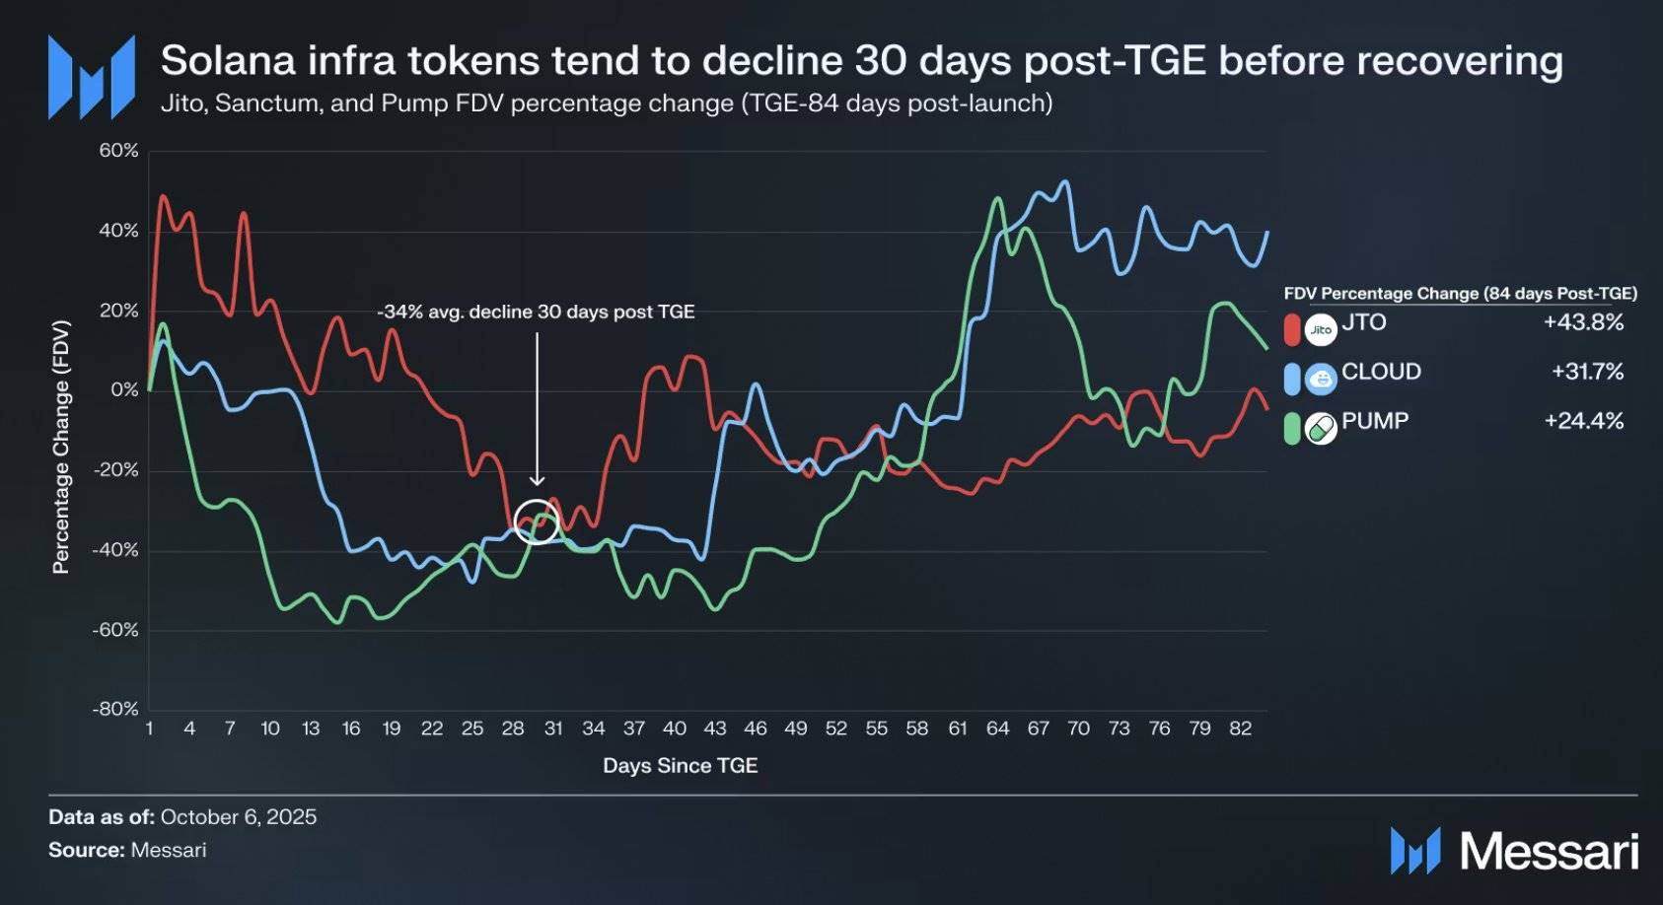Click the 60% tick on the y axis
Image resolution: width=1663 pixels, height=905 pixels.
pos(118,151)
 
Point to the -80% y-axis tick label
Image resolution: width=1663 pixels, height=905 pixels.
pos(115,709)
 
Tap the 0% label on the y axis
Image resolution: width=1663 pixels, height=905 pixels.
pos(124,389)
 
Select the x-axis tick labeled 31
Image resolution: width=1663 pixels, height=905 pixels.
pos(552,729)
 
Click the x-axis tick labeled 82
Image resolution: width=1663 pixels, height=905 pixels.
pos(1240,729)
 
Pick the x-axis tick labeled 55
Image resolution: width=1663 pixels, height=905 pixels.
pos(876,729)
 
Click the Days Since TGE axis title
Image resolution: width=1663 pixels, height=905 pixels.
pos(680,766)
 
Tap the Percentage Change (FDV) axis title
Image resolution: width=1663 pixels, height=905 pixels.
pos(61,447)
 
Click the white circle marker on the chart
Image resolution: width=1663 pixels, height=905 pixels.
pos(537,522)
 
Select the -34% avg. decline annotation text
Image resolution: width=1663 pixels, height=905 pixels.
pos(536,313)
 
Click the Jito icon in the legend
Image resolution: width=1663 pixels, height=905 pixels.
pos(1321,329)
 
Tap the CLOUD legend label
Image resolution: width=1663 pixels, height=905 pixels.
pos(1381,372)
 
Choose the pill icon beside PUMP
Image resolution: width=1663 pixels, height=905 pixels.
pos(1321,428)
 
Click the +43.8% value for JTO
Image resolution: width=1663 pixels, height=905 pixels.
pos(1583,322)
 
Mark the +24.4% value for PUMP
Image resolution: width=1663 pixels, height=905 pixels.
pos(1583,421)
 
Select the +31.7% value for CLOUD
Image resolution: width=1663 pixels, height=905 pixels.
pos(1587,372)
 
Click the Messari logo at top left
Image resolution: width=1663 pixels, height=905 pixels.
pos(92,77)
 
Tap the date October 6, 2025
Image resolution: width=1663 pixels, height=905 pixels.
pos(238,817)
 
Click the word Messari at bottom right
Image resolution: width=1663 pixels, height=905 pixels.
pos(1549,851)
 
